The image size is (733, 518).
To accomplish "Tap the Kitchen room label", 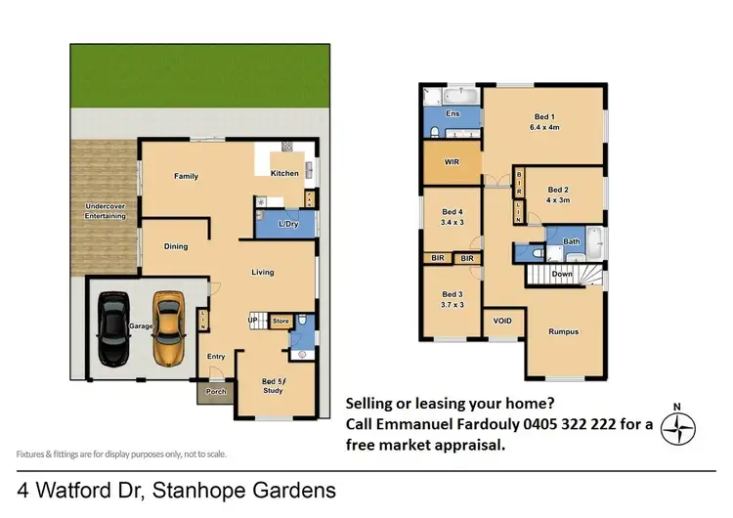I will tap(284, 173).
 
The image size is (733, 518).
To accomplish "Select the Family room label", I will tap(186, 177).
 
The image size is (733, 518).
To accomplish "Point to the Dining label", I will tap(176, 246).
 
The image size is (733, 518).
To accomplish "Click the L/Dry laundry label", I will tap(287, 225).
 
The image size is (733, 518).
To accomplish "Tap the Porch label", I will tap(215, 392).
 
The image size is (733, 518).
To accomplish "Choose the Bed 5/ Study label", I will tap(275, 386).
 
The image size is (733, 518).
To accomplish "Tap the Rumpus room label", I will tap(563, 331).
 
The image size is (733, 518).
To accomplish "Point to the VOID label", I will tap(502, 321).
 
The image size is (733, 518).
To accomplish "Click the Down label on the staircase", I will tap(562, 275).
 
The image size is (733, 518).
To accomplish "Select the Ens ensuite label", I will tap(453, 114).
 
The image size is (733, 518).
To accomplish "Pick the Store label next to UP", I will tap(280, 321).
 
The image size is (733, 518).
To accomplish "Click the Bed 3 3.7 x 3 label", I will tap(452, 298).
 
